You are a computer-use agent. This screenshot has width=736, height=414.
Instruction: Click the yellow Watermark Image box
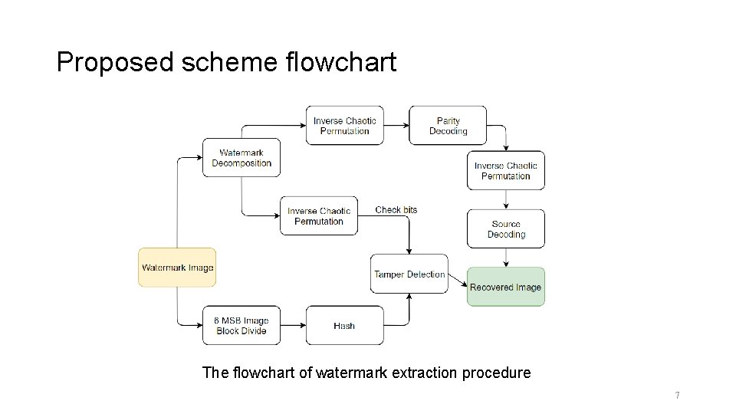pyautogui.click(x=177, y=268)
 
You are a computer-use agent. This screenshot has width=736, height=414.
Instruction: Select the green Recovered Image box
pyautogui.click(x=505, y=287)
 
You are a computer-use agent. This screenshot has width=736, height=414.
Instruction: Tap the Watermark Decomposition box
pyautogui.click(x=242, y=158)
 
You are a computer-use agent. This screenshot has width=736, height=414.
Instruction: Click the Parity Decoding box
pyautogui.click(x=448, y=126)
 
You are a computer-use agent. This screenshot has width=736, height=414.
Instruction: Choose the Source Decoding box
pyautogui.click(x=505, y=228)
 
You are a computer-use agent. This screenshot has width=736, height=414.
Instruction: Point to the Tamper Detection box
pyautogui.click(x=409, y=274)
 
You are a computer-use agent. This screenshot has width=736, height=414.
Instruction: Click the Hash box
pyautogui.click(x=344, y=326)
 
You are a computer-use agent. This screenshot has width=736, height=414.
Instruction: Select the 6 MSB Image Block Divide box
pyautogui.click(x=242, y=326)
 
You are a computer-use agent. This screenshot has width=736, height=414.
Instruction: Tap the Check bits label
pyautogui.click(x=396, y=210)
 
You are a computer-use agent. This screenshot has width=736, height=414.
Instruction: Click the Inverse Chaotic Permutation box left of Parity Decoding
pyautogui.click(x=344, y=126)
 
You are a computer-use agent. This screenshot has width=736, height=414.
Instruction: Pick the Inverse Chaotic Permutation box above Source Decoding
pyautogui.click(x=505, y=170)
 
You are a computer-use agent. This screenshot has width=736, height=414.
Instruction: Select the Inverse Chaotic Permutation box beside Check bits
pyautogui.click(x=319, y=216)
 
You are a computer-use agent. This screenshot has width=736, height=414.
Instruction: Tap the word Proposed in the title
pyautogui.click(x=116, y=62)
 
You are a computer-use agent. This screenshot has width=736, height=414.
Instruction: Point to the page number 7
pyautogui.click(x=677, y=396)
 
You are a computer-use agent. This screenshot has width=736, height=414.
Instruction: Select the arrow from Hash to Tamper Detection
pyautogui.click(x=409, y=312)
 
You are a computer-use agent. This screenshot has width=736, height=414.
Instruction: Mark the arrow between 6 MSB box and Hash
pyautogui.click(x=293, y=326)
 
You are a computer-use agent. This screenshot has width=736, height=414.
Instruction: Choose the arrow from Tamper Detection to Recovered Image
pyautogui.click(x=458, y=281)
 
